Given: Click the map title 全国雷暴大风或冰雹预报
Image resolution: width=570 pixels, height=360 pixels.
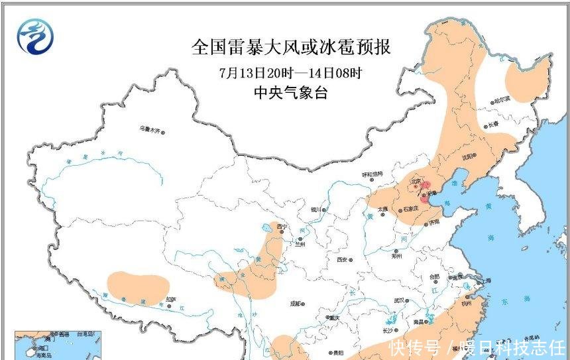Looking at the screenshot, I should point(290,48).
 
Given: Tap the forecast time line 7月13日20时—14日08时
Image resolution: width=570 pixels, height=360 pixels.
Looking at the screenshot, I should point(290,72).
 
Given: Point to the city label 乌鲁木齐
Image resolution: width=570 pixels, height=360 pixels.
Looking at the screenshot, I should point(149,129).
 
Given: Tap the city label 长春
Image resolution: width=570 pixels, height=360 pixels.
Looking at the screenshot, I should point(491,125).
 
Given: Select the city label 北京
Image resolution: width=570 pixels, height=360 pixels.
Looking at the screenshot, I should point(416,180).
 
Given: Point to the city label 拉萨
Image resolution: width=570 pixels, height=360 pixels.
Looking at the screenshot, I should point(171,298).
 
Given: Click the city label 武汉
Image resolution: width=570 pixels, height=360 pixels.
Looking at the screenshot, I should point(399,300).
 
